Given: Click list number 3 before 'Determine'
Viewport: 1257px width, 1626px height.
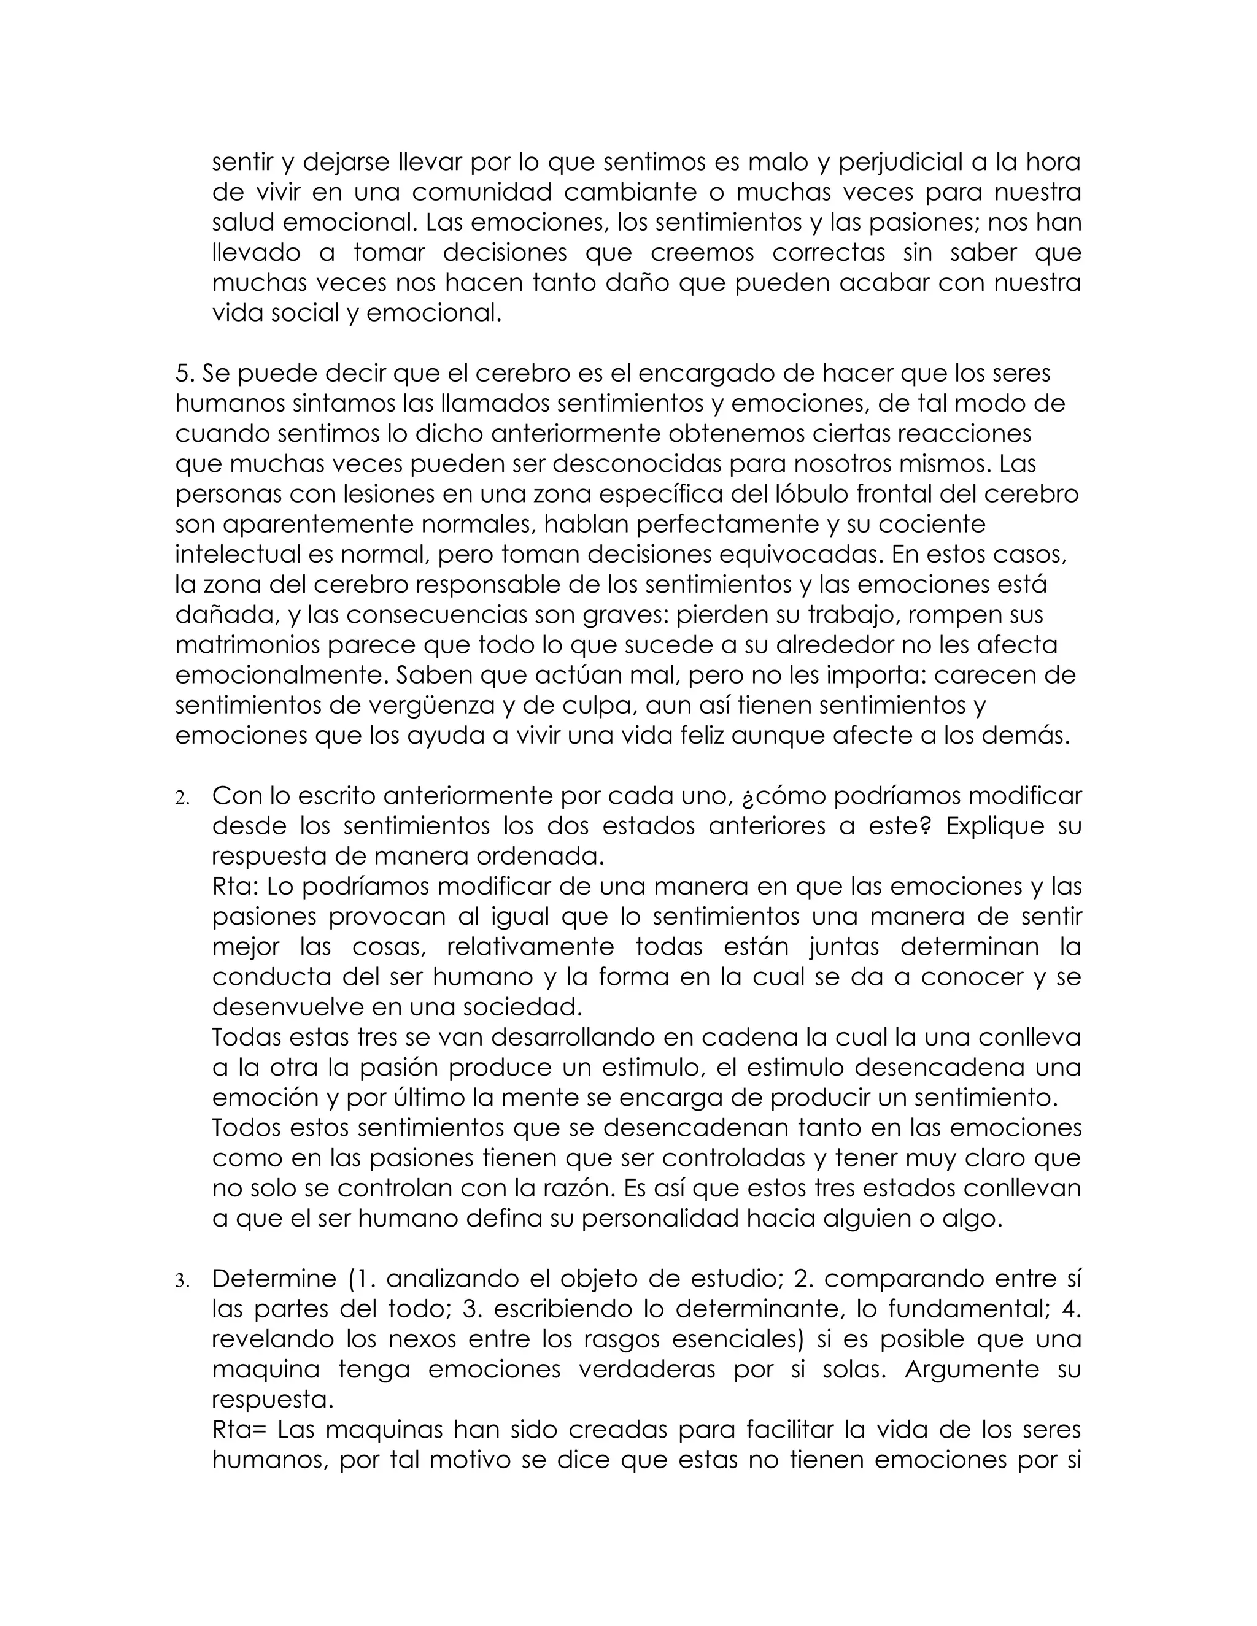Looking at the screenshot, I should tap(182, 1282).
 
